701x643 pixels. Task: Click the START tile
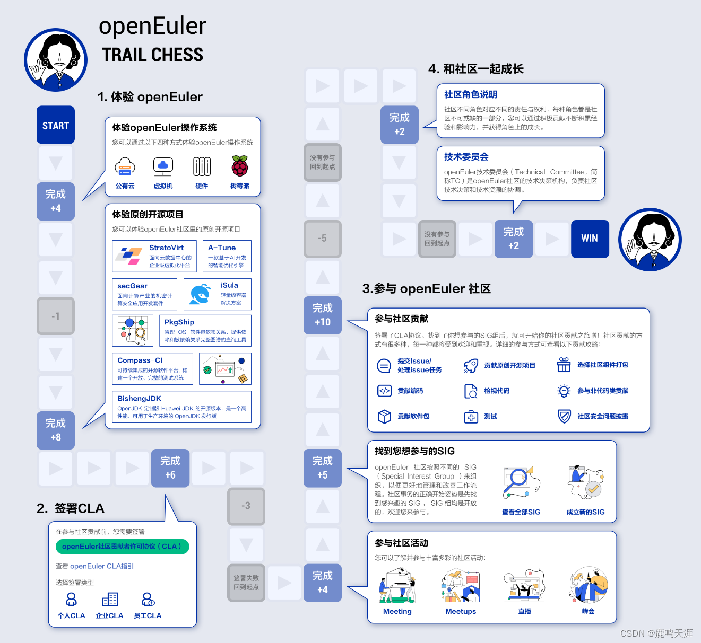(x=56, y=125)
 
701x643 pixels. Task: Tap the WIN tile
(x=590, y=239)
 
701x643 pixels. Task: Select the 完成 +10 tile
(x=323, y=315)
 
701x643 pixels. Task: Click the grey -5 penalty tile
(x=323, y=239)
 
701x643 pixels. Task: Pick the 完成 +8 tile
(x=56, y=430)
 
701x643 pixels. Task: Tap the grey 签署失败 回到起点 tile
(x=246, y=583)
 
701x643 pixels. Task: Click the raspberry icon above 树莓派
(x=240, y=166)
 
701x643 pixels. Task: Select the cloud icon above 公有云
(x=125, y=166)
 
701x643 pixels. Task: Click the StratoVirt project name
(x=166, y=248)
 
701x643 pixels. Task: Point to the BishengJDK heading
(x=139, y=399)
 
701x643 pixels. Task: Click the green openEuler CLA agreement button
(x=122, y=547)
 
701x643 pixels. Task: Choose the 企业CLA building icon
(x=110, y=600)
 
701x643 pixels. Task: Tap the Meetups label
(x=461, y=611)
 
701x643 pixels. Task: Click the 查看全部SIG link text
(x=521, y=512)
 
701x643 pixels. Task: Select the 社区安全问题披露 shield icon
(x=564, y=416)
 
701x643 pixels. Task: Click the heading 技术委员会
(x=466, y=157)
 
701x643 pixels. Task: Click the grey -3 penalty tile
(x=246, y=506)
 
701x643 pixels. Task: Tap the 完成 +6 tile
(x=170, y=468)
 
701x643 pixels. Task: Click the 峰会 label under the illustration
(x=588, y=611)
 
